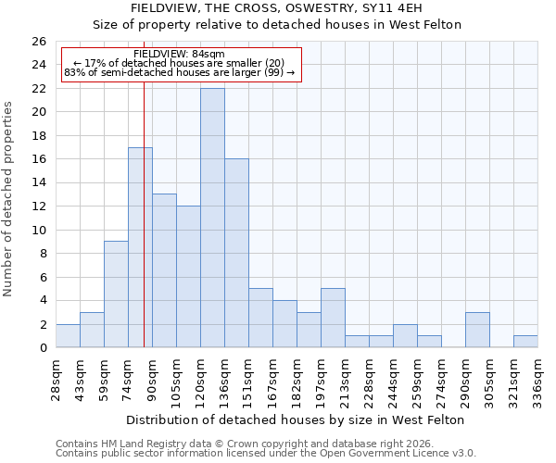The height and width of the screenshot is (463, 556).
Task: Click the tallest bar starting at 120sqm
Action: (x=212, y=218)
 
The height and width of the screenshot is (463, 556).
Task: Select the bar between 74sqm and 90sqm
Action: (x=140, y=247)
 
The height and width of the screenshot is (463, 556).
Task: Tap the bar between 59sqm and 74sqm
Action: (x=116, y=294)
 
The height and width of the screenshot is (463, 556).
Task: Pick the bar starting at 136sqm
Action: (x=236, y=253)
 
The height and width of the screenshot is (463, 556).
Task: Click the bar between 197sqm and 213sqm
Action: (x=333, y=318)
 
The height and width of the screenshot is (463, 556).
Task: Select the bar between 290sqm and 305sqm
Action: (x=477, y=330)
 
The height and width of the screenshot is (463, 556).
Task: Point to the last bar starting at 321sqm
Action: (x=525, y=341)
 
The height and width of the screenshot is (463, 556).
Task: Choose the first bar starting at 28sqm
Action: (x=68, y=335)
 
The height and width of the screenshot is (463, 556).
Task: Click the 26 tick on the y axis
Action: (x=39, y=42)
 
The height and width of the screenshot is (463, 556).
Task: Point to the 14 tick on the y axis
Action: (x=39, y=183)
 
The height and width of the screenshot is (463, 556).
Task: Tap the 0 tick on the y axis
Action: (x=43, y=348)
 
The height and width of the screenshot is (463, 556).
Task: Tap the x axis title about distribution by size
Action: (x=295, y=419)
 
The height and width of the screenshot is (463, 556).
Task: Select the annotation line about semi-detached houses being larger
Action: (x=179, y=72)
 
